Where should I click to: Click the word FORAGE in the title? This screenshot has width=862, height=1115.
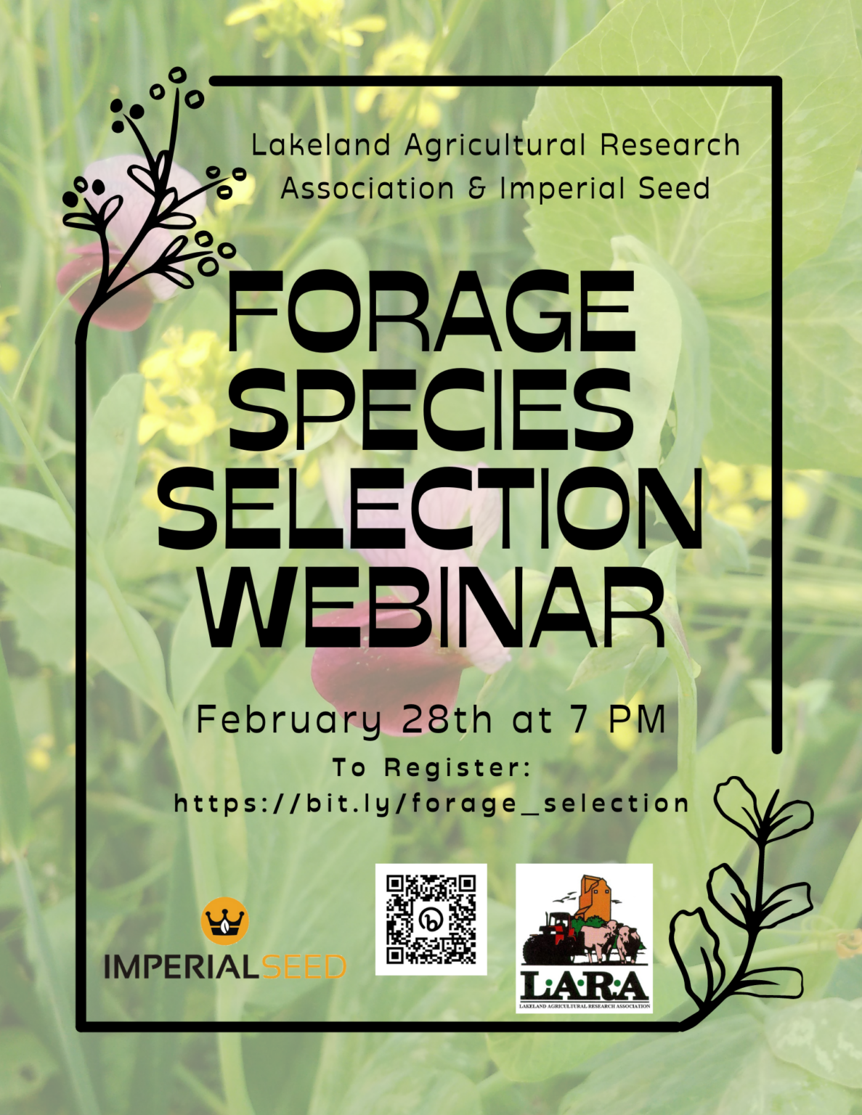pyautogui.click(x=431, y=311)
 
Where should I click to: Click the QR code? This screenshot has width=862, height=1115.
pyautogui.click(x=431, y=919)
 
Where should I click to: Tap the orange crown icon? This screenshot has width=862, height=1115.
pyautogui.click(x=224, y=920)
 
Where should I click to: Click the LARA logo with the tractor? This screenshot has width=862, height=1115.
pyautogui.click(x=584, y=938)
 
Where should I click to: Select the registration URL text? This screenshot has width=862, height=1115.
pyautogui.click(x=431, y=804)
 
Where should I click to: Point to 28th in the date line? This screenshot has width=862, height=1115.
pyautogui.click(x=447, y=720)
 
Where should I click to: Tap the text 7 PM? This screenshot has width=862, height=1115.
pyautogui.click(x=618, y=720)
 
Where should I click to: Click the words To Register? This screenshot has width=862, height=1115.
pyautogui.click(x=432, y=767)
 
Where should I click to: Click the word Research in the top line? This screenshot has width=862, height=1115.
pyautogui.click(x=670, y=145)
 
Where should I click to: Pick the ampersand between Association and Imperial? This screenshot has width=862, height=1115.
pyautogui.click(x=477, y=189)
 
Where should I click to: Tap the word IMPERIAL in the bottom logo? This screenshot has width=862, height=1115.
pyautogui.click(x=182, y=967)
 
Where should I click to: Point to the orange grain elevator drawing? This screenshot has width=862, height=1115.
pyautogui.click(x=593, y=897)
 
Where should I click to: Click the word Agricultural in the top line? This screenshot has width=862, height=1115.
pyautogui.click(x=495, y=145)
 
